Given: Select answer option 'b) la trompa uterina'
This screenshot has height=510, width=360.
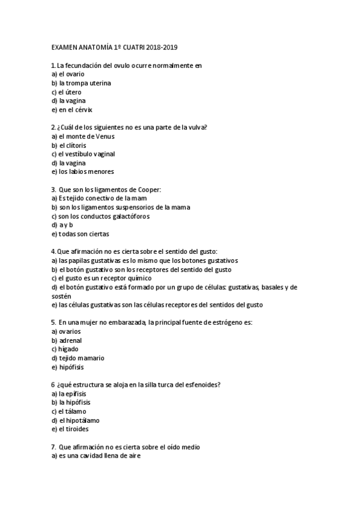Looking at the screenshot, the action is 81,83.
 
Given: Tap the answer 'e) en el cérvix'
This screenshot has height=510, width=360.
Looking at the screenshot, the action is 72,110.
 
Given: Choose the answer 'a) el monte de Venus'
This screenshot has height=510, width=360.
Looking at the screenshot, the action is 82,137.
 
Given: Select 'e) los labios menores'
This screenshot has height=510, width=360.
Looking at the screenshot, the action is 82,172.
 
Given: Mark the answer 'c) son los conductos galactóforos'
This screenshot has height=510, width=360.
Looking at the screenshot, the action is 100,217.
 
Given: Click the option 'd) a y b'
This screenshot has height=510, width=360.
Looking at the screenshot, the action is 62,225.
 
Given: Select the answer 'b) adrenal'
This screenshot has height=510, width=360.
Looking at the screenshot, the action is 67,340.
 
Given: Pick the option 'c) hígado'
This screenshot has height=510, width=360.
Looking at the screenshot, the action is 65,349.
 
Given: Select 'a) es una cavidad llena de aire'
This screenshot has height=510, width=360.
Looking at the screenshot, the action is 96,456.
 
